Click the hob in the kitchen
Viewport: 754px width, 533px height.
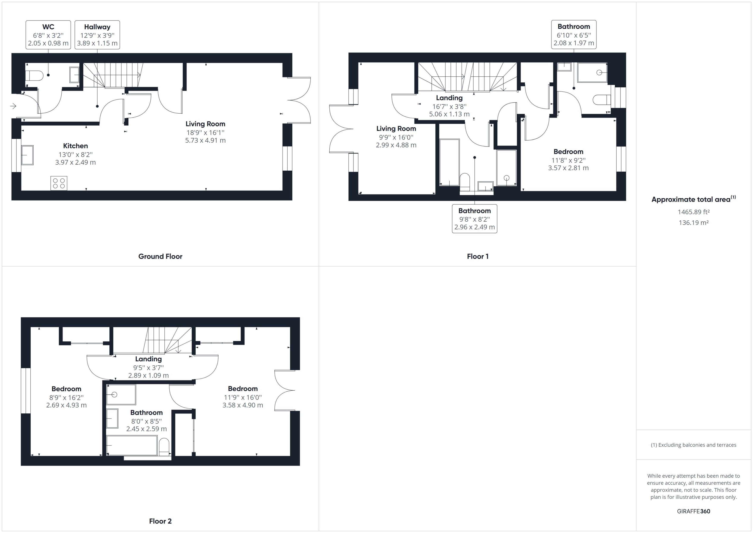pyautogui.click(x=59, y=183)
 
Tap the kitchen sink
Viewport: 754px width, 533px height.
pyautogui.click(x=27, y=155)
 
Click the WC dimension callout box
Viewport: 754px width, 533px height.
pyautogui.click(x=48, y=35)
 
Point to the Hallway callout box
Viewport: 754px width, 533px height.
pyautogui.click(x=97, y=35)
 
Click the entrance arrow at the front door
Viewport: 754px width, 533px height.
pyautogui.click(x=13, y=106)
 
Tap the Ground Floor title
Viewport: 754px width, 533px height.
pyautogui.click(x=160, y=256)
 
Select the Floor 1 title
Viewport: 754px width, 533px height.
pyautogui.click(x=477, y=256)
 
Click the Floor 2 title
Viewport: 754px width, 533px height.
pyautogui.click(x=160, y=521)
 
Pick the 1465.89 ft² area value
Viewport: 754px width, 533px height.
pyautogui.click(x=693, y=212)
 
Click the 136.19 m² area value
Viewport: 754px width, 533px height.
pyautogui.click(x=693, y=222)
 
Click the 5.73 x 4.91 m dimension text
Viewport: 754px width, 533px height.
pyautogui.click(x=205, y=141)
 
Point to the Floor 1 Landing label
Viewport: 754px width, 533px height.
pyautogui.click(x=449, y=98)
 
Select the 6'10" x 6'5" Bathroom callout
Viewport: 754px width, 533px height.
pyautogui.click(x=574, y=34)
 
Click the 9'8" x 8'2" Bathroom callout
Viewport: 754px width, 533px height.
pyautogui.click(x=474, y=219)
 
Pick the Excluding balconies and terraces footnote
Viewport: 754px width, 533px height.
pyautogui.click(x=693, y=445)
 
